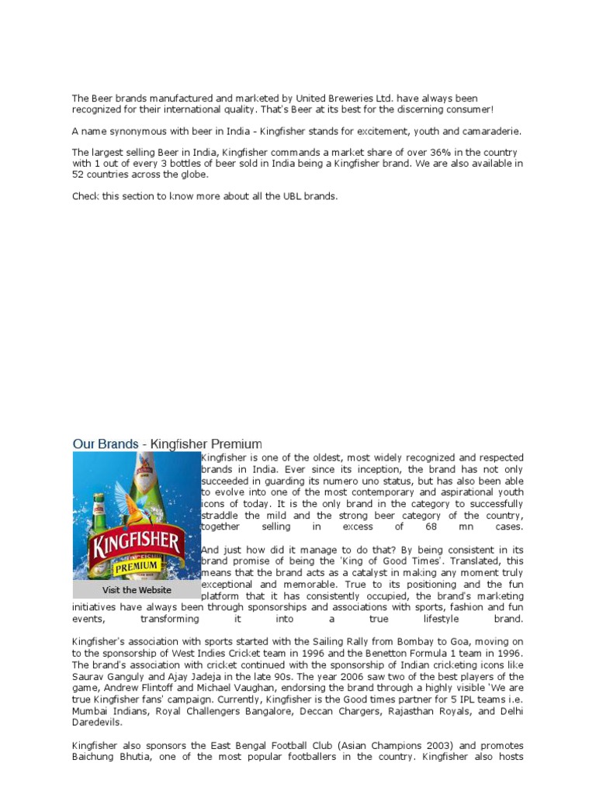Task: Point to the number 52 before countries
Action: point(78,174)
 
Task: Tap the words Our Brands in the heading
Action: point(105,444)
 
